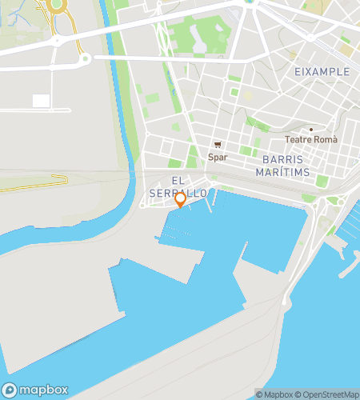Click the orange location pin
tap(180, 199)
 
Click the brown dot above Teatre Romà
tap(311, 129)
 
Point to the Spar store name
tap(218, 157)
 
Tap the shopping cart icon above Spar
tap(218, 146)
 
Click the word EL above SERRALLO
tap(178, 182)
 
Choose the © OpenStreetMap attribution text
tap(326, 394)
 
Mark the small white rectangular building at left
tap(41, 101)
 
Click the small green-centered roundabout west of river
tap(82, 58)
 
